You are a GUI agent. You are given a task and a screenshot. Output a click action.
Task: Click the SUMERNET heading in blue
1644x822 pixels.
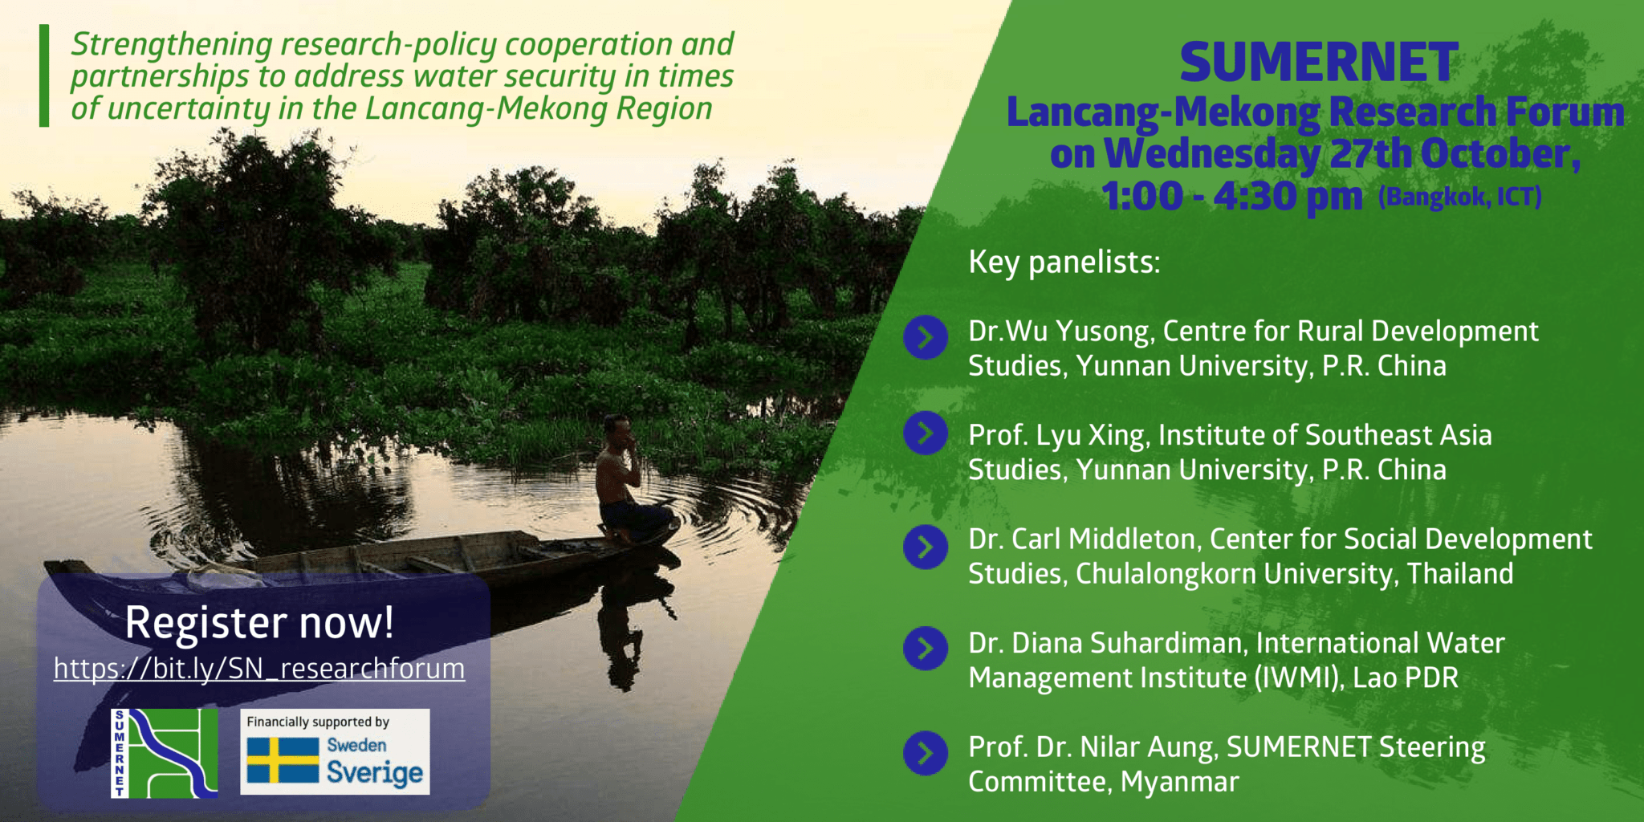pyautogui.click(x=1318, y=63)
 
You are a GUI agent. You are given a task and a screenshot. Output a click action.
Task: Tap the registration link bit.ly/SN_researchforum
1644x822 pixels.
pyautogui.click(x=259, y=668)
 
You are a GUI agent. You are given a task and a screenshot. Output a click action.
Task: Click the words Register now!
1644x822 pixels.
pyautogui.click(x=259, y=622)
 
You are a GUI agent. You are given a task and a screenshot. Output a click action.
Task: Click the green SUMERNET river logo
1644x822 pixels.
pyautogui.click(x=165, y=753)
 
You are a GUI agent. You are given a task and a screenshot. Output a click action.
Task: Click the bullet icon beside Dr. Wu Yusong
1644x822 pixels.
pyautogui.click(x=926, y=337)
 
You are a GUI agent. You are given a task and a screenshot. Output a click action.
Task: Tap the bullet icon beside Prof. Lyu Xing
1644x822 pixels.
pyautogui.click(x=926, y=433)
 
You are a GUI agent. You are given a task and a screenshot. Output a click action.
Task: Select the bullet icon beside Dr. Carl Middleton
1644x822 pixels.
pyautogui.click(x=926, y=547)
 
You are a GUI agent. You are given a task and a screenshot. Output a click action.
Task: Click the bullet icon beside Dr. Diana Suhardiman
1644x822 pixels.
pyautogui.click(x=926, y=649)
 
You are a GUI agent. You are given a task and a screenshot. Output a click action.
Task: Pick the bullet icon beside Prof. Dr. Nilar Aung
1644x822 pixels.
pyautogui.click(x=926, y=753)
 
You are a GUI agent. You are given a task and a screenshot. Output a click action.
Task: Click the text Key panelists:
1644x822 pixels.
pyautogui.click(x=1064, y=262)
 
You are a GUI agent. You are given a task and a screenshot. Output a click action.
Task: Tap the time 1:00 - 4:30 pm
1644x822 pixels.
pyautogui.click(x=1231, y=196)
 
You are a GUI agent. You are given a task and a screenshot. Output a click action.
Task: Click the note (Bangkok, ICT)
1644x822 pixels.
pyautogui.click(x=1459, y=197)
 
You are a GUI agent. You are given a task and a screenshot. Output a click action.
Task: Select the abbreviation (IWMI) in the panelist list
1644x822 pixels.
pyautogui.click(x=1297, y=678)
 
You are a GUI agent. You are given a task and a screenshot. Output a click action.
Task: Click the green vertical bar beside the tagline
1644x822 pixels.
pyautogui.click(x=44, y=75)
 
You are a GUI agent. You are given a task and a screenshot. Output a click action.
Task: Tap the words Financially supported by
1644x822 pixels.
pyautogui.click(x=318, y=722)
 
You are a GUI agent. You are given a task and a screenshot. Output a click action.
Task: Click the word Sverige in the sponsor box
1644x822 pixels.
pyautogui.click(x=374, y=772)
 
